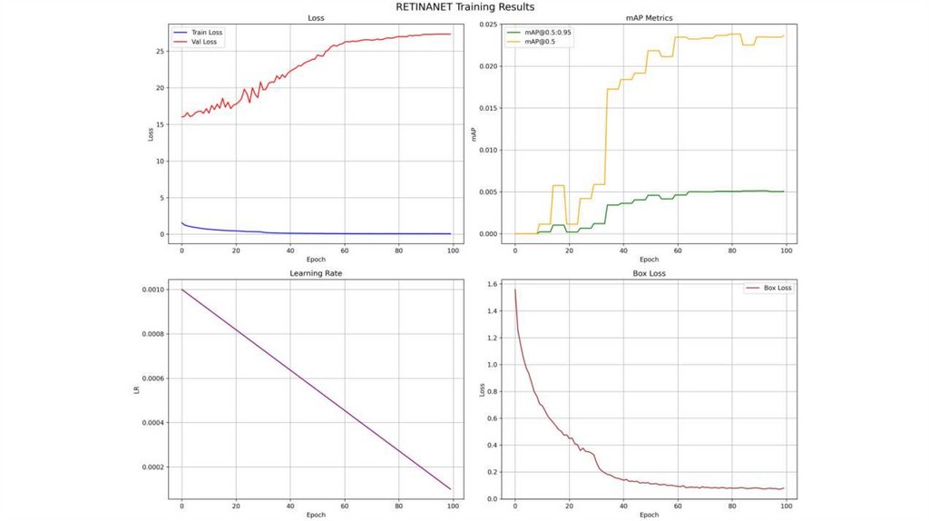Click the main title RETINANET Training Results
click(x=464, y=6)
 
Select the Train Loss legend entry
click(x=207, y=32)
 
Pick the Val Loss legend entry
click(x=205, y=41)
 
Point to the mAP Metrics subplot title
click(x=650, y=18)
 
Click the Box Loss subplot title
click(x=650, y=272)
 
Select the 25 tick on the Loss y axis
click(x=160, y=51)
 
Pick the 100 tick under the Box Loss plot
click(x=787, y=506)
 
